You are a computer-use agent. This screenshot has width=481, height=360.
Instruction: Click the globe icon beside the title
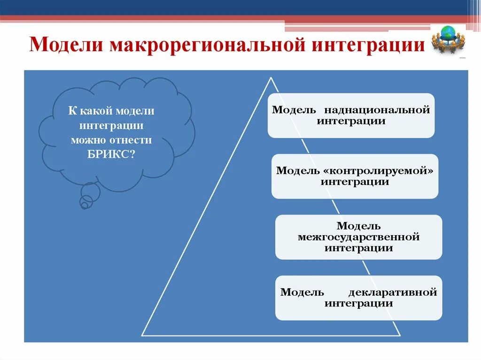pyautogui.click(x=450, y=40)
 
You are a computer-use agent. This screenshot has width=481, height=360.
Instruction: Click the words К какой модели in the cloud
pyautogui.click(x=111, y=111)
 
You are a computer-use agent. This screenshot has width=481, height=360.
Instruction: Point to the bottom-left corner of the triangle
pyautogui.click(x=143, y=335)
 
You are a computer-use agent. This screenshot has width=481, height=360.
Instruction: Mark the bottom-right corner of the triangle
pyautogui.click(x=400, y=335)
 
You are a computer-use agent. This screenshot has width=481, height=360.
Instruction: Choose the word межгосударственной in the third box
pyautogui.click(x=358, y=237)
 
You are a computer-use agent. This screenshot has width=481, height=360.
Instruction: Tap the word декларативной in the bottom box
pyautogui.click(x=393, y=292)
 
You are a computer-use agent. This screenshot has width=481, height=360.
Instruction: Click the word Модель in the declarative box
pyautogui.click(x=302, y=292)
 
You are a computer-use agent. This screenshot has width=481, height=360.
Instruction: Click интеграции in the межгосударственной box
pyautogui.click(x=358, y=249)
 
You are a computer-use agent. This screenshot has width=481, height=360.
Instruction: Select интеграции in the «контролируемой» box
pyautogui.click(x=355, y=182)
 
